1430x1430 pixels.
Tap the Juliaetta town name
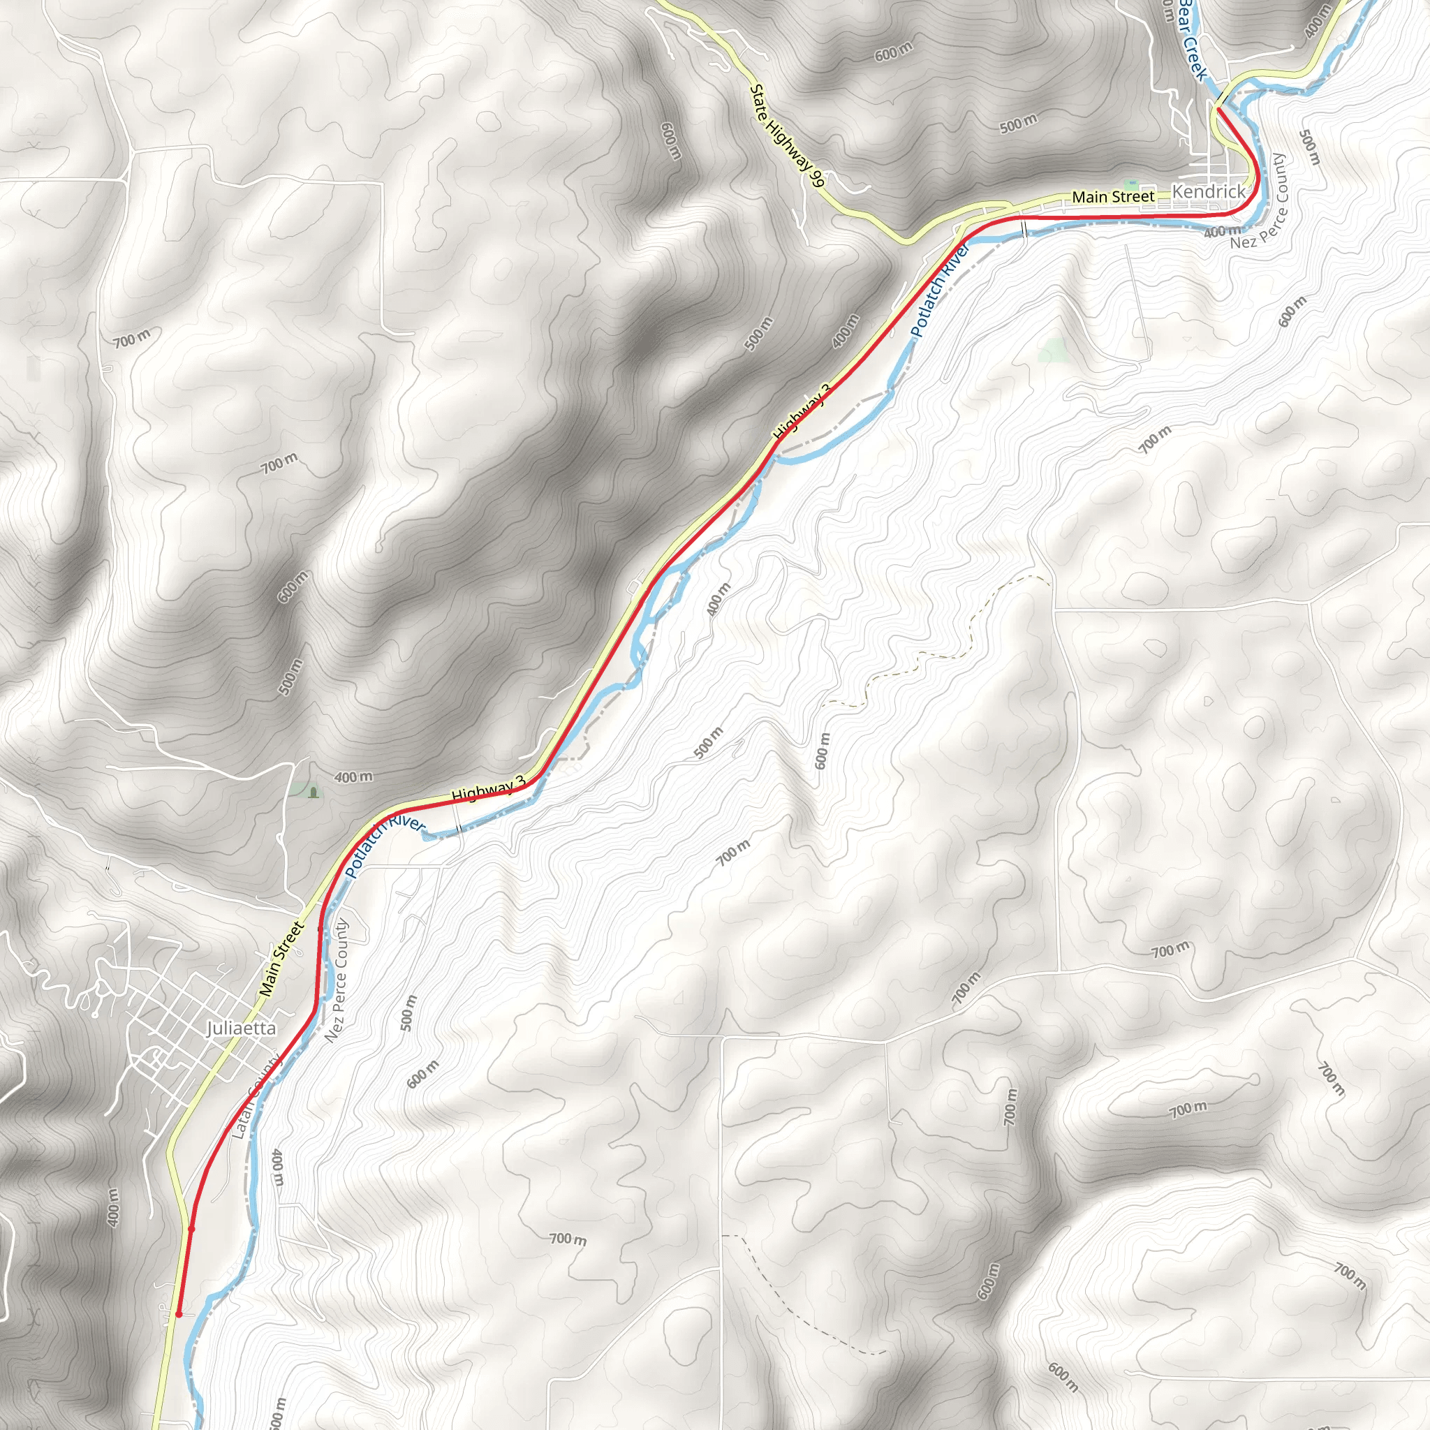pyautogui.click(x=242, y=1028)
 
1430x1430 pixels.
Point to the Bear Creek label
pyautogui.click(x=1193, y=38)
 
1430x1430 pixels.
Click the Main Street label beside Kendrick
pyautogui.click(x=1112, y=197)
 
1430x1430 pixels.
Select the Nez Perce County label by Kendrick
pyautogui.click(x=1259, y=201)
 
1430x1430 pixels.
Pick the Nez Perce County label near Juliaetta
pyautogui.click(x=337, y=982)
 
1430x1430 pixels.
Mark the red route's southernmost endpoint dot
pyautogui.click(x=178, y=1315)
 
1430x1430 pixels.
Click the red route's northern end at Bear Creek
pyautogui.click(x=1218, y=109)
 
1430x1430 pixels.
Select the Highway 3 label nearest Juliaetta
pyautogui.click(x=488, y=789)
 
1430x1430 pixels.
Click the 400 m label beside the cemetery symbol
pyautogui.click(x=353, y=778)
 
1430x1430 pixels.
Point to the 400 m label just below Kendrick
pyautogui.click(x=1222, y=232)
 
